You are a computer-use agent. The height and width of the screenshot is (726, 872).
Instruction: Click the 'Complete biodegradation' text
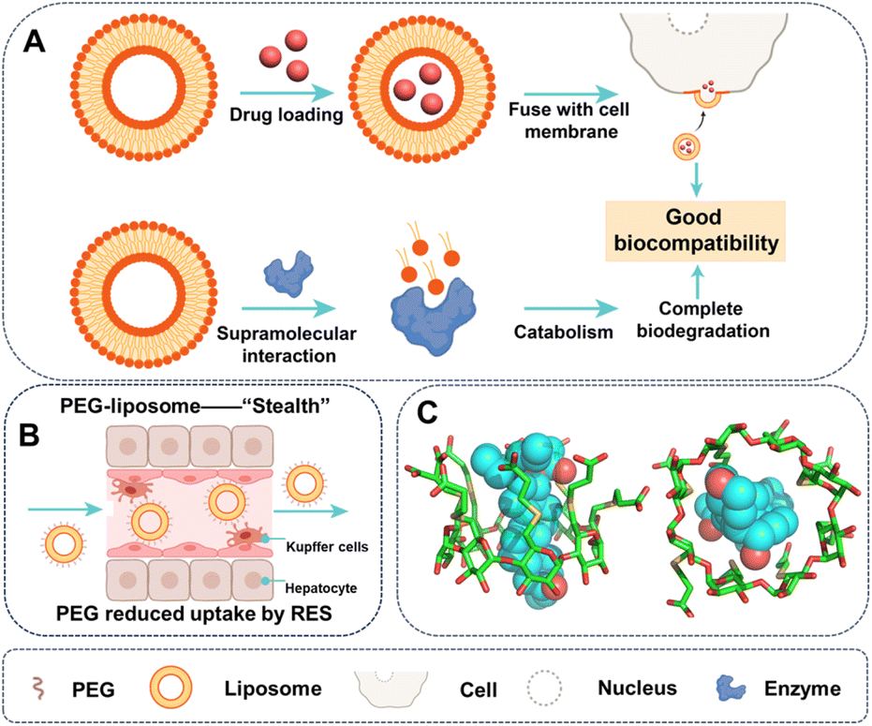coord(716,319)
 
